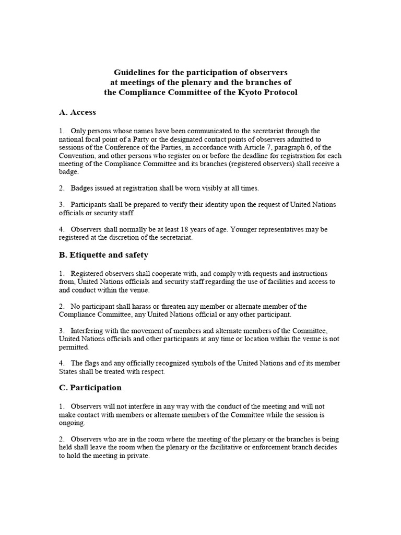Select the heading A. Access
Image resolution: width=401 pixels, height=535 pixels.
click(x=77, y=112)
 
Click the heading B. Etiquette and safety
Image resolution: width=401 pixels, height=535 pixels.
click(x=103, y=255)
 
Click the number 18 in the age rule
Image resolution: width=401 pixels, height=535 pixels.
click(x=184, y=229)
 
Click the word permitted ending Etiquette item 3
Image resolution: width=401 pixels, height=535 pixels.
click(x=74, y=347)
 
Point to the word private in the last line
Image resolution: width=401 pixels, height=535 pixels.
click(x=138, y=456)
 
